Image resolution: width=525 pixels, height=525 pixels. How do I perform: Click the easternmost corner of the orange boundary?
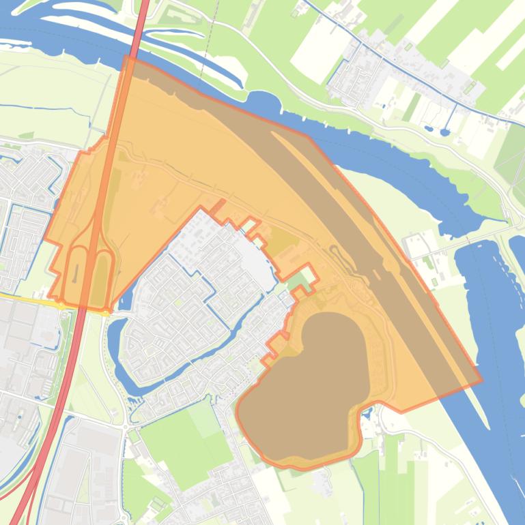click(x=481, y=380)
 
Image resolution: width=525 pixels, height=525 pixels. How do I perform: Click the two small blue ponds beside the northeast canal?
click(x=437, y=130)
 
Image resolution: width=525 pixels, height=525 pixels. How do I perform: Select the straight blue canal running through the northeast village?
click(x=410, y=68)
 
